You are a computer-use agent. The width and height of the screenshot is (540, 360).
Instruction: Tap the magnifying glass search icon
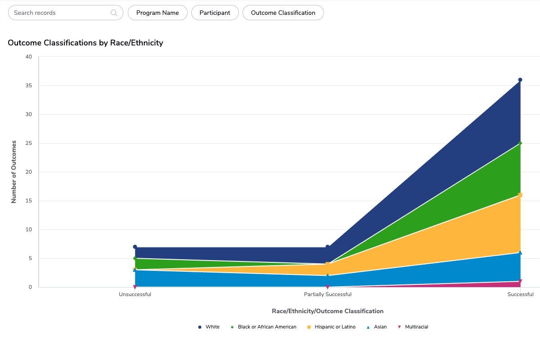(x=114, y=13)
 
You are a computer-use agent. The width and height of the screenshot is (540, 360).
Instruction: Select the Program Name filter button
(x=157, y=13)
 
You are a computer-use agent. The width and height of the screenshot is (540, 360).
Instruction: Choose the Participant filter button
(x=215, y=13)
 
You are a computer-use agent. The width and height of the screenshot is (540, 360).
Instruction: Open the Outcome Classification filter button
(x=283, y=13)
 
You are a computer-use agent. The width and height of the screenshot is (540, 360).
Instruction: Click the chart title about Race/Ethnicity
(x=85, y=43)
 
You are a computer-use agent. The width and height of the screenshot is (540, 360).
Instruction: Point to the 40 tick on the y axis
(x=29, y=57)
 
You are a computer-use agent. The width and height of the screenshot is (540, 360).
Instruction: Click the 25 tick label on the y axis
(x=29, y=143)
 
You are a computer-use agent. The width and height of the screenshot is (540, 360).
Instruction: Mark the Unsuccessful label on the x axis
(x=135, y=295)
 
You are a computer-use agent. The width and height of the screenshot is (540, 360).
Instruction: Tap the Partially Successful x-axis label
(x=328, y=295)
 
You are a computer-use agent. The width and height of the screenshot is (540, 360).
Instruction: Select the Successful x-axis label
(x=520, y=295)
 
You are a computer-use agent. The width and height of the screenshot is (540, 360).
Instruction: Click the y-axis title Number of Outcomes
(x=14, y=172)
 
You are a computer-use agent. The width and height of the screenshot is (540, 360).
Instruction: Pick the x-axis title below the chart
(x=328, y=311)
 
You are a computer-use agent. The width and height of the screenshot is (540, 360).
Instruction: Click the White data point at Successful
(x=520, y=80)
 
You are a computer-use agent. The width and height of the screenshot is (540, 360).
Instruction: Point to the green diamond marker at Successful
(x=520, y=143)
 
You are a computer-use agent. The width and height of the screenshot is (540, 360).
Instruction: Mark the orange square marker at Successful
(x=520, y=195)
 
